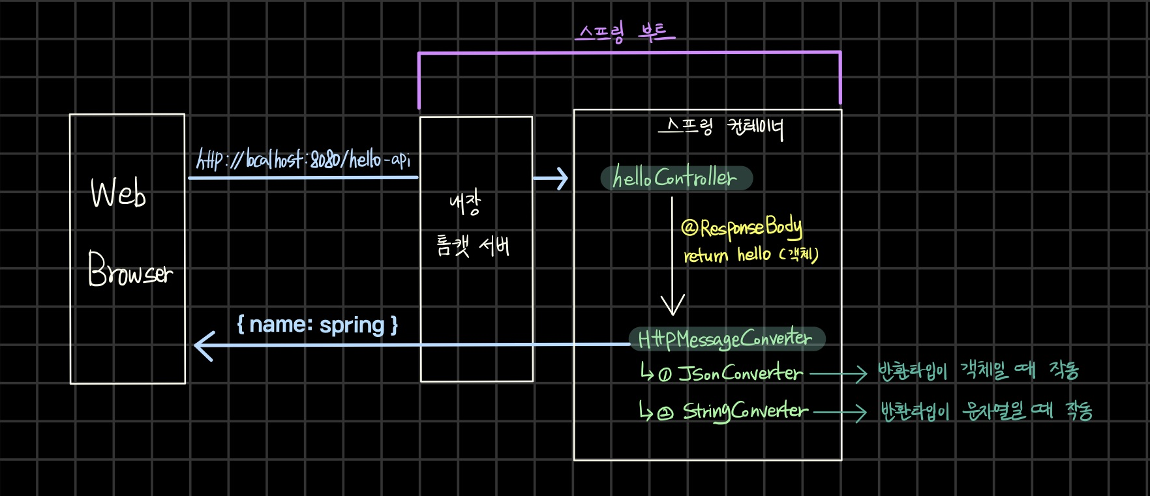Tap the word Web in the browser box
118,192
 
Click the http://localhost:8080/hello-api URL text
303,158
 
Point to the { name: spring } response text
317,324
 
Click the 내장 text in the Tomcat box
465,202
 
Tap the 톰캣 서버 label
473,246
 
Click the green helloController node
676,178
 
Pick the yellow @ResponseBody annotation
741,227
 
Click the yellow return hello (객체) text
750,254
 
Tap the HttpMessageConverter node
725,338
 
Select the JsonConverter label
740,373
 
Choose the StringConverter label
745,411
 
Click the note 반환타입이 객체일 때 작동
977,371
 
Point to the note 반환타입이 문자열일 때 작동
986,411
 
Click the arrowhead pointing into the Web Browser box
204,345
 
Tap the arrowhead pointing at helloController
560,178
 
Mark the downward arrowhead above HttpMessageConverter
673,305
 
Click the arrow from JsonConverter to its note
838,374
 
